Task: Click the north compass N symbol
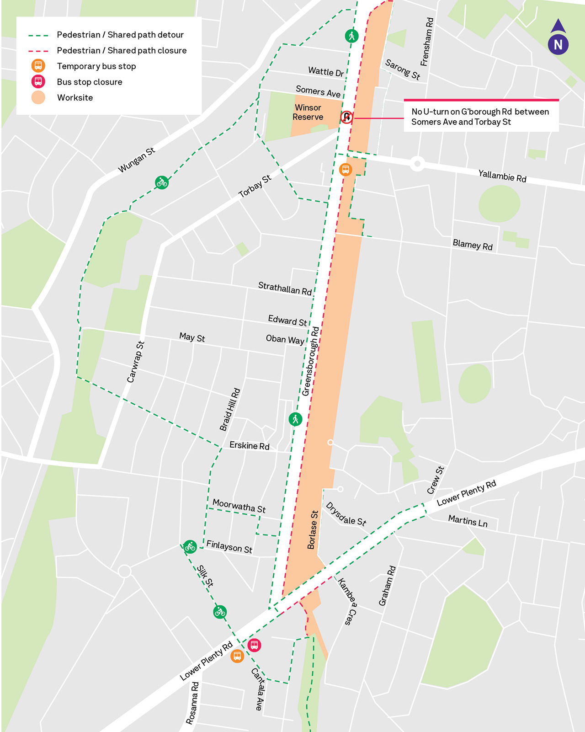558,44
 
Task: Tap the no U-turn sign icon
346,117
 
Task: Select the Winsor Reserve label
308,112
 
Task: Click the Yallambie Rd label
502,176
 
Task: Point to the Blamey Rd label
473,245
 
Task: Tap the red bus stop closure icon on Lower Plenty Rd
254,645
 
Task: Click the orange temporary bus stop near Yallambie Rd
346,170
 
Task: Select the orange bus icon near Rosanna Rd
237,656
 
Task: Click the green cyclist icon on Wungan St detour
162,182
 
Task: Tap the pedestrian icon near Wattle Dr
351,36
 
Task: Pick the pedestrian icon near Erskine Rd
295,419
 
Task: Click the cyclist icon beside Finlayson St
190,546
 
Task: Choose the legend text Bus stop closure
90,82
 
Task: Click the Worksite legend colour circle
38,97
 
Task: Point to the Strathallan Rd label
285,289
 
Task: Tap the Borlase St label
313,529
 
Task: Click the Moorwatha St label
239,506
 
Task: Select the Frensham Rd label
427,42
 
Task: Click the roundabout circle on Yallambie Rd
417,163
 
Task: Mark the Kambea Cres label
347,601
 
